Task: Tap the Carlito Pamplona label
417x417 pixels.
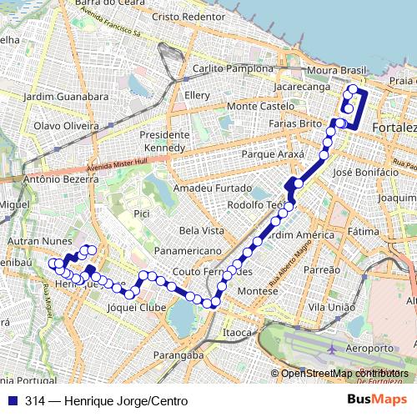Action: (233, 68)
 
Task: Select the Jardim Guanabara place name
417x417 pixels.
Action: (67, 97)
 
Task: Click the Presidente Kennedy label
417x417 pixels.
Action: (164, 141)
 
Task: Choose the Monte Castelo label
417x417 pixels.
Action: (260, 107)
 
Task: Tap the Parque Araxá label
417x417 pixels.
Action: (269, 154)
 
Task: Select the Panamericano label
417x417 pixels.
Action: (186, 249)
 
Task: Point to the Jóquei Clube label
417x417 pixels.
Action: (138, 308)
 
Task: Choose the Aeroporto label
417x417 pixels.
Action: (369, 348)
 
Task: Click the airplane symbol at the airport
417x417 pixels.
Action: (333, 347)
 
